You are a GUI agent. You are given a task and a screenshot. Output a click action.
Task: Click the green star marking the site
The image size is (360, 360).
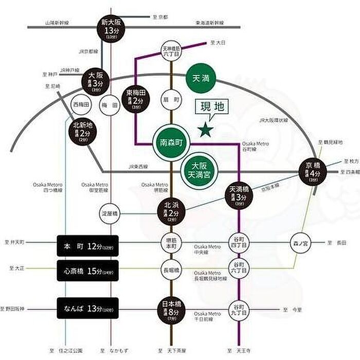[x=207, y=130]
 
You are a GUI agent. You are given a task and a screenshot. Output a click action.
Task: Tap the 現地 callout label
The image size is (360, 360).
[x=212, y=108]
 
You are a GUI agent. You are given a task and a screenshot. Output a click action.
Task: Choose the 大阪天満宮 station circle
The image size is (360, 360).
[x=199, y=170]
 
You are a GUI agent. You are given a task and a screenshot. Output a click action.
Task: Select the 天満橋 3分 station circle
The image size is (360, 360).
[x=239, y=194]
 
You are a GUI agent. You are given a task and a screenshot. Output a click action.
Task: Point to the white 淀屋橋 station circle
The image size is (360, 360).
[x=110, y=213]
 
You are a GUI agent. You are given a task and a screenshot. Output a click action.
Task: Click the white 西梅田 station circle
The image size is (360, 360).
[x=81, y=104]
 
